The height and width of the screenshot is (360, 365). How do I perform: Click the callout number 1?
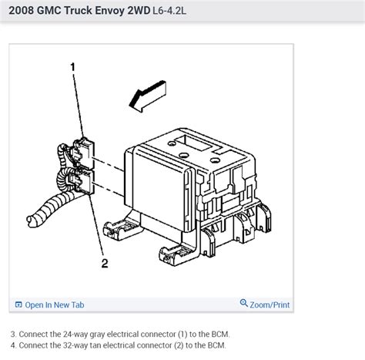tap(73, 68)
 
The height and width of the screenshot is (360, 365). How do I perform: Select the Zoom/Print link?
tap(270, 304)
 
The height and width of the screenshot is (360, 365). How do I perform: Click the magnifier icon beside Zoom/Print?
tap(244, 304)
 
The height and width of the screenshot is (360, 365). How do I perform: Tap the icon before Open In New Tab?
tap(18, 304)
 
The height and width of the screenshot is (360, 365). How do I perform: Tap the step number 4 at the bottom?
tap(12, 346)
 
